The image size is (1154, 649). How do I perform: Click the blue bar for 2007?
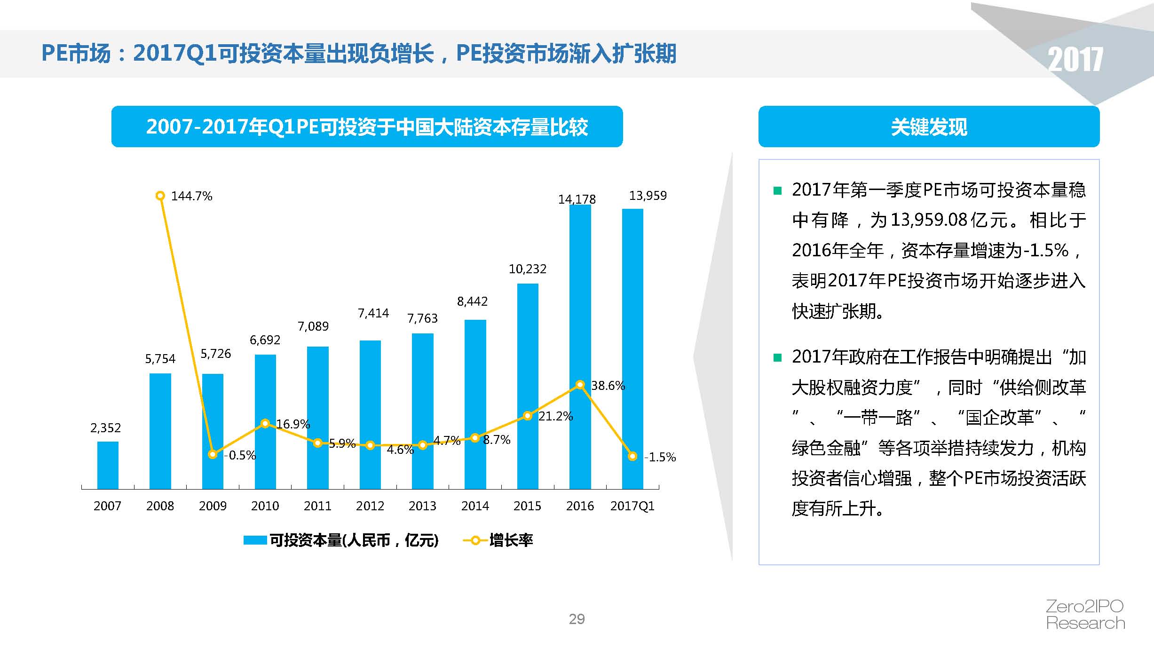tap(108, 465)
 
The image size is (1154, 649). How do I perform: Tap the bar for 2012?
tap(370, 414)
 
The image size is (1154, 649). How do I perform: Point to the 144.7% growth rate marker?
tap(160, 196)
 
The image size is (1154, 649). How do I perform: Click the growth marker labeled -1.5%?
tap(632, 456)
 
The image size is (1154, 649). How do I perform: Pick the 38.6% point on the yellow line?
tap(580, 385)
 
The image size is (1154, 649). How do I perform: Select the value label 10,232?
tap(528, 269)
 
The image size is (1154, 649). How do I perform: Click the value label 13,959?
tap(648, 196)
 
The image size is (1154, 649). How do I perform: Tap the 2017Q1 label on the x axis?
tap(632, 506)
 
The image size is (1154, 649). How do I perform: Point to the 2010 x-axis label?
tap(265, 506)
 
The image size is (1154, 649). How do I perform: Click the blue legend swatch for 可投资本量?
tap(255, 540)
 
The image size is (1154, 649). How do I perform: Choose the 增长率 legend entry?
tap(498, 540)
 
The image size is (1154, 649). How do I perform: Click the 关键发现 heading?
tap(929, 127)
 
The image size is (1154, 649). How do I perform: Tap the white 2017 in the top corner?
tap(1075, 60)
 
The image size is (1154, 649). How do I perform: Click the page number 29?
tap(577, 619)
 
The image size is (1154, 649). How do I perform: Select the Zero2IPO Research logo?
tap(1085, 614)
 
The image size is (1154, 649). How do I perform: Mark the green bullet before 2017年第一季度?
tap(777, 190)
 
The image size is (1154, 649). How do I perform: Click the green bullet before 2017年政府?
tap(777, 358)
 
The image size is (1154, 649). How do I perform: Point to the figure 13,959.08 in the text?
tap(929, 220)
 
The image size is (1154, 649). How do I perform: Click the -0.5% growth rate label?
tap(240, 455)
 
